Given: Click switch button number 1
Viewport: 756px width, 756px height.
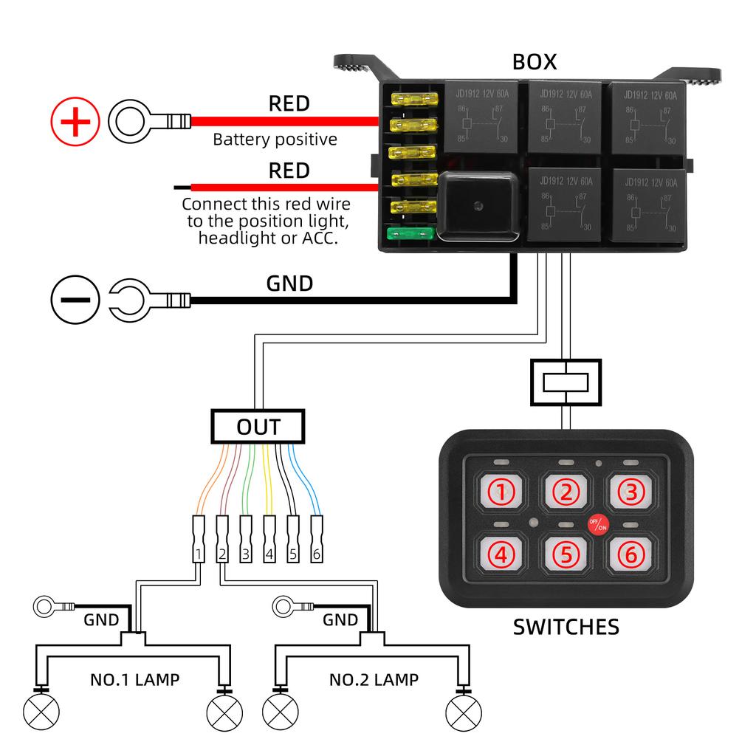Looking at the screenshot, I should coord(501,492).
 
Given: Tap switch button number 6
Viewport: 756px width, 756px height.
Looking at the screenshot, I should coord(630,554).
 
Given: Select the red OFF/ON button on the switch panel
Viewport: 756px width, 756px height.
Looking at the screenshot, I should coord(597,524).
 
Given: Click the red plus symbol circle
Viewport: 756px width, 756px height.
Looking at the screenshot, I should coord(75,121).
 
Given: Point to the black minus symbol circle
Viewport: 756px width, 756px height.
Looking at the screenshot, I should coord(75,300).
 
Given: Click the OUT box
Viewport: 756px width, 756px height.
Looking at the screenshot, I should coord(258,427).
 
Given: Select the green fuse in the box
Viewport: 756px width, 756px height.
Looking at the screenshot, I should coord(410,234).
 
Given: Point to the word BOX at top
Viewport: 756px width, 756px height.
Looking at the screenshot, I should coord(535,63).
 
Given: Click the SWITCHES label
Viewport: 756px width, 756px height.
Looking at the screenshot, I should coord(566,628).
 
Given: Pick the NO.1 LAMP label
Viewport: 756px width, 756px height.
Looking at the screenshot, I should coord(134,679).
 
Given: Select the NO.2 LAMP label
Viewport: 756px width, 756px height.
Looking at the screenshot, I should coord(374,679).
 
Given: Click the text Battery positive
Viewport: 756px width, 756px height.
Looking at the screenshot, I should coord(275,140).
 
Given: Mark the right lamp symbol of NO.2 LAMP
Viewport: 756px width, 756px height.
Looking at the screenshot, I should coord(464,712).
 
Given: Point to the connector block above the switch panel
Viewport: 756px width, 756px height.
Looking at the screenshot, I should coord(566,382).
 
